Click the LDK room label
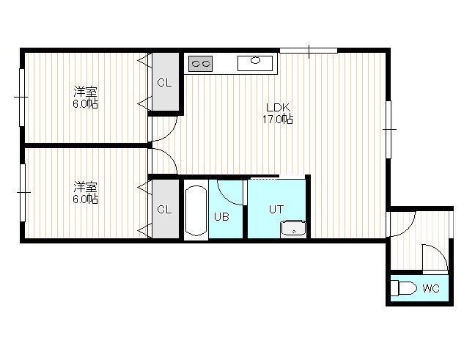(x=278, y=107)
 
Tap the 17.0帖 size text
(x=278, y=120)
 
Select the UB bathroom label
(x=221, y=217)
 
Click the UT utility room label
(x=276, y=209)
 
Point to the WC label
(x=431, y=288)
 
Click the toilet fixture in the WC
(x=404, y=287)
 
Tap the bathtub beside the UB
(x=196, y=210)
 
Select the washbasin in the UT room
(x=293, y=229)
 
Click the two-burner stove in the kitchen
(x=200, y=63)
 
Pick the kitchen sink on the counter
(x=255, y=63)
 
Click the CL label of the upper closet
(x=164, y=83)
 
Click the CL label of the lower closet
(x=164, y=210)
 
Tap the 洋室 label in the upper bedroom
(x=85, y=92)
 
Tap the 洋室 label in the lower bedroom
(x=85, y=187)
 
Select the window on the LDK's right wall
(x=388, y=130)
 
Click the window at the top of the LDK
(x=309, y=51)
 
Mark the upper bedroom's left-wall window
(x=22, y=98)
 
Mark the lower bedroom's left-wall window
(x=23, y=192)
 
